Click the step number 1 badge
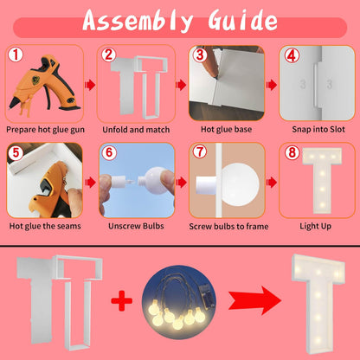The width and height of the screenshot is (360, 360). point(16,55)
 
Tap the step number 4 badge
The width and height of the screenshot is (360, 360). point(292,55)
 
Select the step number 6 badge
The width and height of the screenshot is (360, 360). point(109,152)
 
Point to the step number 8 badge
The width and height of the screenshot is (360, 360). point(292,152)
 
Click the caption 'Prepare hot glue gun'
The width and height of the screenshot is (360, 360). point(45,130)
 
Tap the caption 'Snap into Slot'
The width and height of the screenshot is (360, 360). point(318,129)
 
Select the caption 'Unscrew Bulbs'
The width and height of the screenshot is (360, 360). point(136,226)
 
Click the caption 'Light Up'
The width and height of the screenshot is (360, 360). point(315,226)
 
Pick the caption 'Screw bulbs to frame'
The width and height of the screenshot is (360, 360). point(228,227)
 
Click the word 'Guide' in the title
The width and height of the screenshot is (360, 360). point(242,21)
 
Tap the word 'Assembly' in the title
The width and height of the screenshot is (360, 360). point(138,21)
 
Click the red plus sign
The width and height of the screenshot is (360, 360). point(122,300)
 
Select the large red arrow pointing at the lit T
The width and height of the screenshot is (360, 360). point(254,300)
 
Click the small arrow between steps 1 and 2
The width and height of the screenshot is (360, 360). point(90,85)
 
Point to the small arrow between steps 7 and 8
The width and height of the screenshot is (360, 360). point(272,183)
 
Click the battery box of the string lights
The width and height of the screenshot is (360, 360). point(207,295)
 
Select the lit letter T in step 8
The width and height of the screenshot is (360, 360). point(322,181)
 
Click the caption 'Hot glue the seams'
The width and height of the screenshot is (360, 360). point(45,226)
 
